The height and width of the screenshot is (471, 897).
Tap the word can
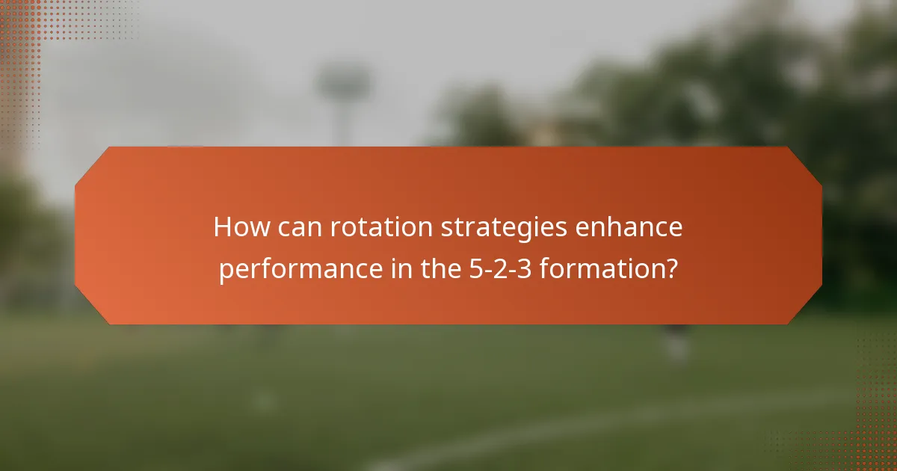(x=293, y=227)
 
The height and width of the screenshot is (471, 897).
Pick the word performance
(x=299, y=268)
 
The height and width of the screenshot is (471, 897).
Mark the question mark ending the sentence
(x=672, y=268)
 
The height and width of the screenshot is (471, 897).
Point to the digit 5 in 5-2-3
(x=474, y=268)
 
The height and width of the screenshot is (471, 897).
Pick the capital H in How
(x=222, y=227)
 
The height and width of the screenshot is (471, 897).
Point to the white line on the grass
(x=598, y=426)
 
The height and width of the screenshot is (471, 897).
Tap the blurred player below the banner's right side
(x=676, y=344)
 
